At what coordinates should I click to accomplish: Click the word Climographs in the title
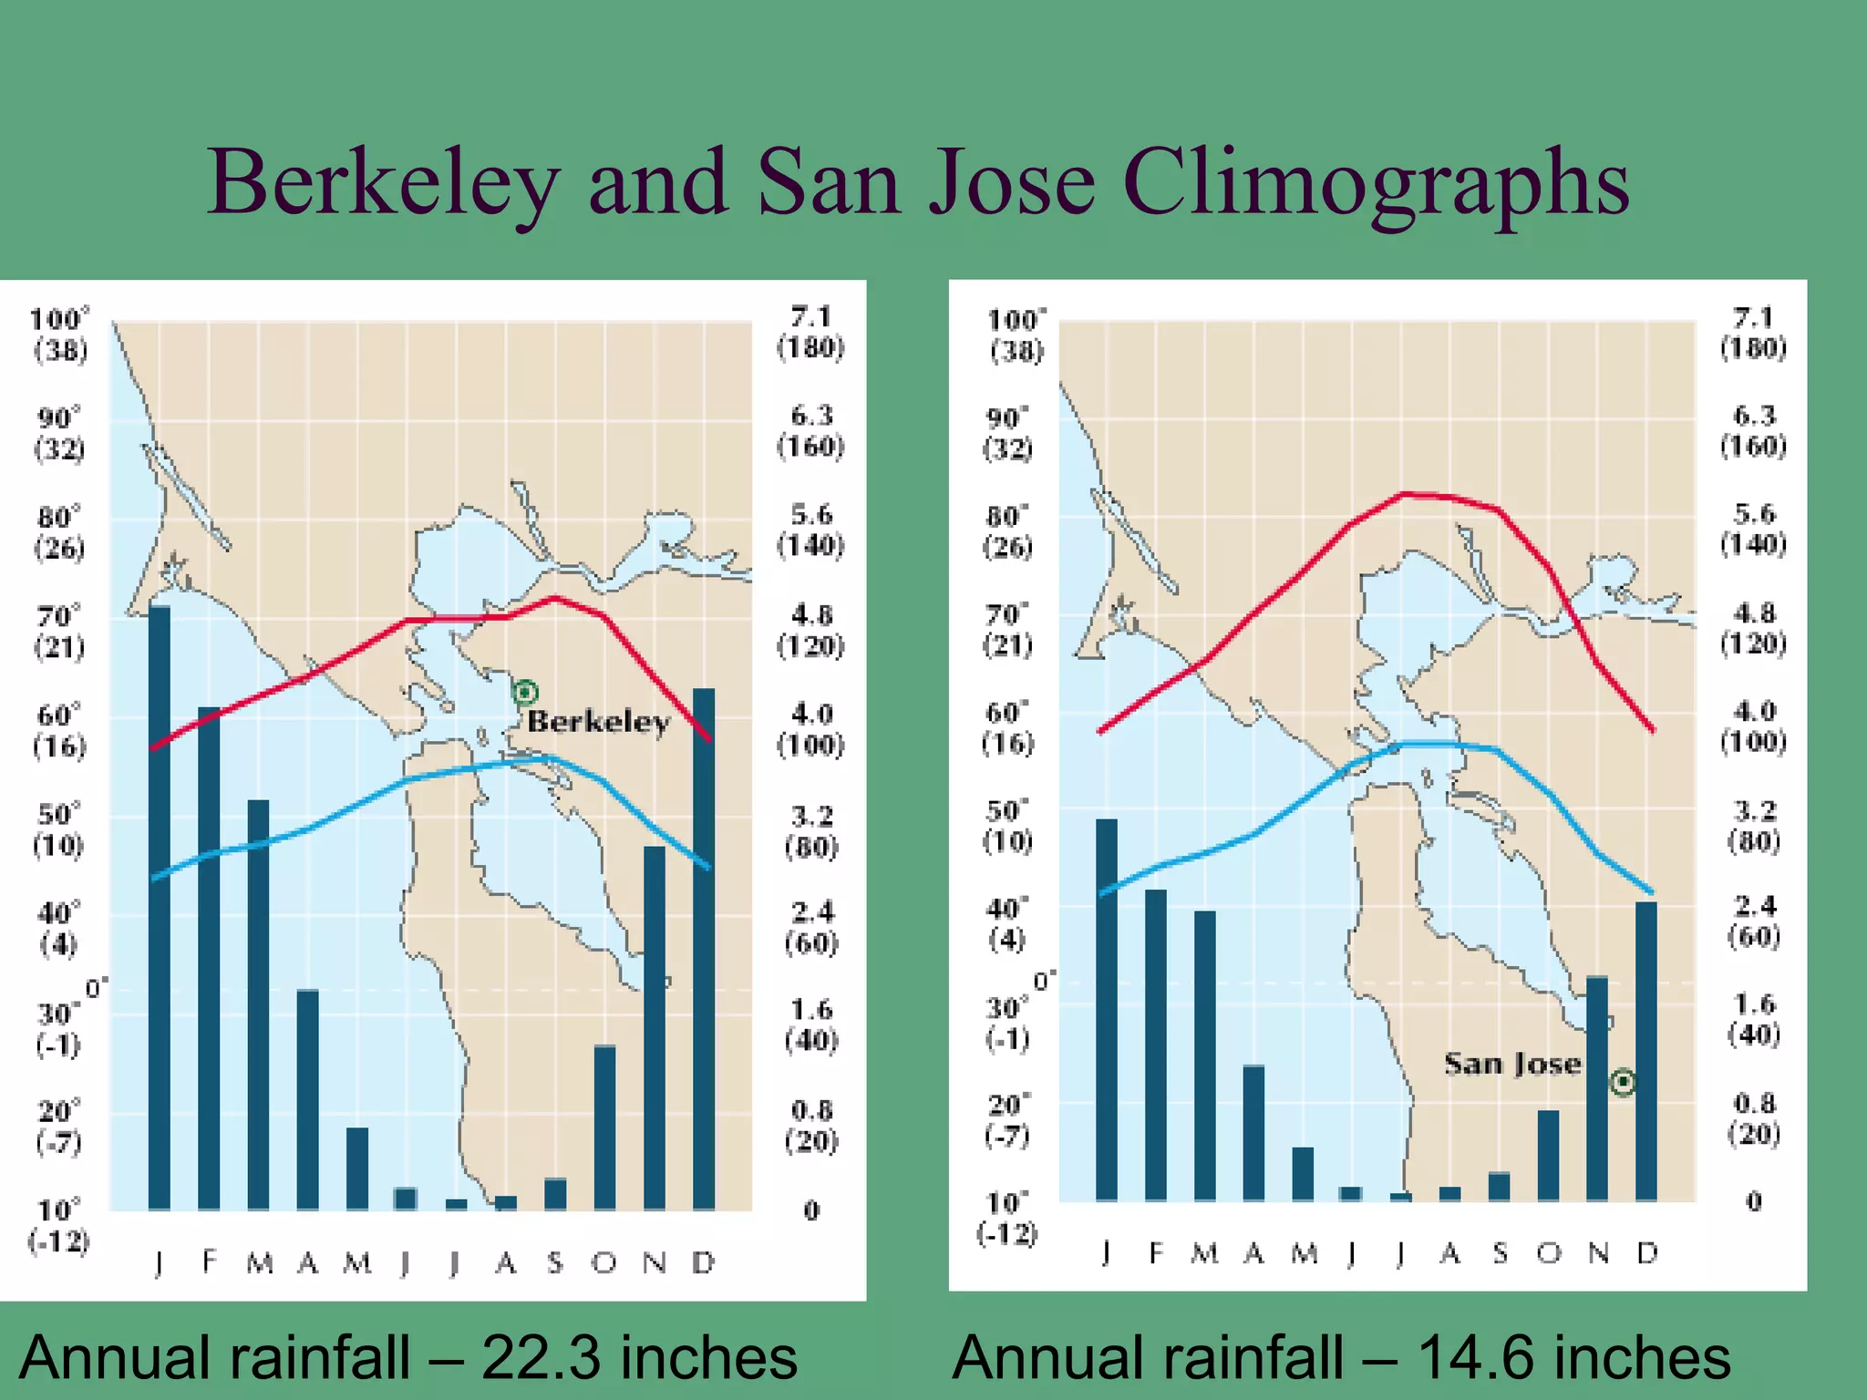point(1375,185)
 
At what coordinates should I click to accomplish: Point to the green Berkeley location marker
point(525,693)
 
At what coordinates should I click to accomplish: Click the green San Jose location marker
point(1623,1082)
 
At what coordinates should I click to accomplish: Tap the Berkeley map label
point(598,722)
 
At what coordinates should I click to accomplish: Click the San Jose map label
point(1512,1064)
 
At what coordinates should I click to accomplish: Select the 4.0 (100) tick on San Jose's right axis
point(1753,726)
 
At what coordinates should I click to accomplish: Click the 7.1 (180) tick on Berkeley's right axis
point(810,332)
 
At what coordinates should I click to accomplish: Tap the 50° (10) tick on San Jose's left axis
point(1006,826)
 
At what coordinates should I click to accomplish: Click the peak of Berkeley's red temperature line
point(554,598)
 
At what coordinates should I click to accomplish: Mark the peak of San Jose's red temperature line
point(1405,494)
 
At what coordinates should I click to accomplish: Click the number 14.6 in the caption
point(1473,1357)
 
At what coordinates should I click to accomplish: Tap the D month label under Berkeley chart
point(703,1262)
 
